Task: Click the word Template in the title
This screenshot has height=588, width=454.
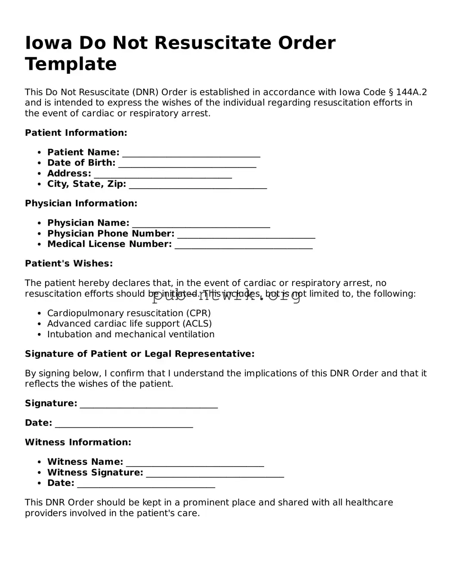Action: click(71, 64)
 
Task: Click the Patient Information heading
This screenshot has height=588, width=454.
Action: click(76, 133)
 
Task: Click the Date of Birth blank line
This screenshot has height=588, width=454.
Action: click(187, 165)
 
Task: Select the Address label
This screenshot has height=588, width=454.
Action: click(69, 174)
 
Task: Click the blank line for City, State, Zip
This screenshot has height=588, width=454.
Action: click(198, 186)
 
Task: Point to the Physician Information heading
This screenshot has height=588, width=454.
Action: click(81, 203)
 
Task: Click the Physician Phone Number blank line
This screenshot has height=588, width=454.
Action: click(246, 235)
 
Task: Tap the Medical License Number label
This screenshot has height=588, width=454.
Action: click(109, 244)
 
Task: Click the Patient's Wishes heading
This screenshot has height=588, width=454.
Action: click(69, 264)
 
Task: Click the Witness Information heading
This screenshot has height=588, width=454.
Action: click(78, 442)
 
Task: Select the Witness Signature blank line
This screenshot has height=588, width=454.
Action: click(215, 474)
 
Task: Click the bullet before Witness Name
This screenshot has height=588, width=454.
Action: click(40, 462)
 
